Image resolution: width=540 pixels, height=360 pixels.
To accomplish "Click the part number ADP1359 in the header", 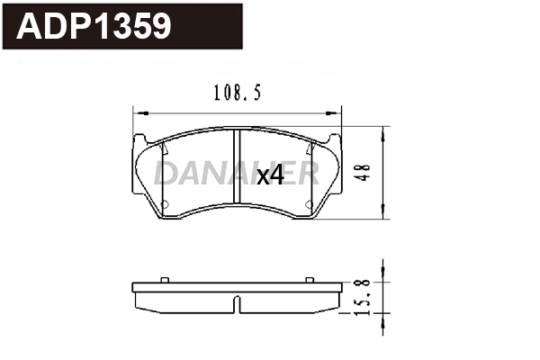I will click(x=94, y=26).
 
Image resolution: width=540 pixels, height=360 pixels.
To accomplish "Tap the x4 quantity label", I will click(x=270, y=176).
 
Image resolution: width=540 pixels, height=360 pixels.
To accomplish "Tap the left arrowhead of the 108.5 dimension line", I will click(x=138, y=112).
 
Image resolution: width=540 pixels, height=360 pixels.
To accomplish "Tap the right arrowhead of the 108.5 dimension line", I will click(x=338, y=112).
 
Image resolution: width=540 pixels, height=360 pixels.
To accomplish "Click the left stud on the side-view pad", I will click(x=165, y=279).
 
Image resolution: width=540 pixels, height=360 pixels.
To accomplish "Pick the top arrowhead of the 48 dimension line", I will click(x=384, y=133).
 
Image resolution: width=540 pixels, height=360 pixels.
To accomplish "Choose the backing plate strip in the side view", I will click(x=237, y=287).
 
